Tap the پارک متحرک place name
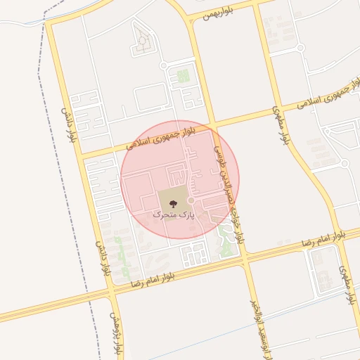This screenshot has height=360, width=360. pyautogui.click(x=172, y=212)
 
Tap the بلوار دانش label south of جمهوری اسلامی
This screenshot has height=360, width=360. pyautogui.click(x=105, y=257)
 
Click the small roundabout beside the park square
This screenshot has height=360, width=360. pyautogui.click(x=191, y=200)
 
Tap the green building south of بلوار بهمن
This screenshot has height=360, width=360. pyautogui.click(x=183, y=75)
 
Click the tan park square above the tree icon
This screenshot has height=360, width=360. pyautogui.click(x=173, y=192)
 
